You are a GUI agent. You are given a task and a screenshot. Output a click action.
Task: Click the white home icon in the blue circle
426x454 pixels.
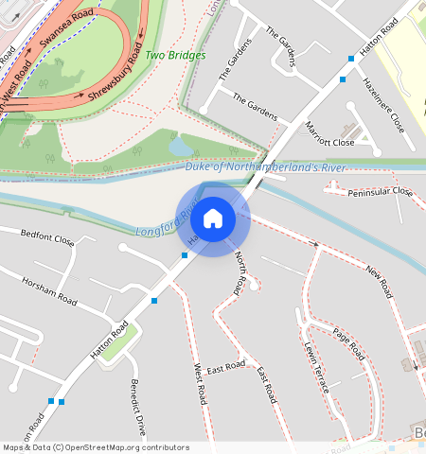pyautogui.click(x=213, y=219)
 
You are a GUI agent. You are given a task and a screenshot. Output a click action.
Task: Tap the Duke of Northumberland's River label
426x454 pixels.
pyautogui.click(x=266, y=167)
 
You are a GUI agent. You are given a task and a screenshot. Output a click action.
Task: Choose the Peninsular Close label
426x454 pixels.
pyautogui.click(x=381, y=191)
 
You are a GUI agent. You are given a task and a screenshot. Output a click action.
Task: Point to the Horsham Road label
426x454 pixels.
pyautogui.click(x=49, y=290)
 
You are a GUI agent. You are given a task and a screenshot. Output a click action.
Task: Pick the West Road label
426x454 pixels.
pyautogui.click(x=200, y=384)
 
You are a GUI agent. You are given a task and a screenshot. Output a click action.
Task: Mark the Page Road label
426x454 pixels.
pyautogui.click(x=348, y=344)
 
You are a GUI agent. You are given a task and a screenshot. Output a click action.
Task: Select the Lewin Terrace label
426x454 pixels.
pyautogui.click(x=315, y=362)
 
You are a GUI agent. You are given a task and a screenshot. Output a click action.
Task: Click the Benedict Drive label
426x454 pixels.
pyautogui.click(x=138, y=407)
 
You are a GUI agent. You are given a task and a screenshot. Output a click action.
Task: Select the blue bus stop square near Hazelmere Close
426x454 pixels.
pyautogui.click(x=351, y=59)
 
